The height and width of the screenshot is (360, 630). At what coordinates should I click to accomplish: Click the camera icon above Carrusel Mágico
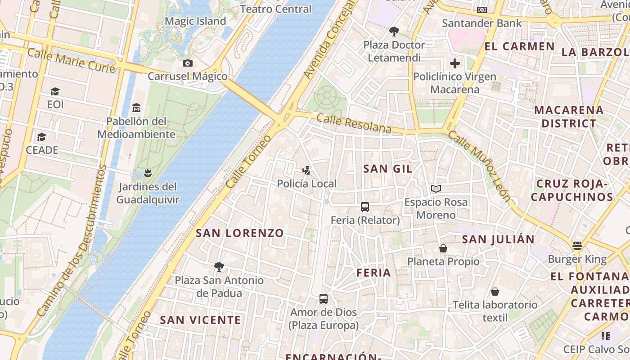click(x=188, y=63)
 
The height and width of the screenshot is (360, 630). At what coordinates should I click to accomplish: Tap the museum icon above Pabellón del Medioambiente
click(x=136, y=108)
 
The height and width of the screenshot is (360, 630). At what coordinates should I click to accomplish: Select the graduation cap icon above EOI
click(x=55, y=92)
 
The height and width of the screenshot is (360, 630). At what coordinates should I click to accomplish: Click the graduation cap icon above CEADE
click(x=42, y=137)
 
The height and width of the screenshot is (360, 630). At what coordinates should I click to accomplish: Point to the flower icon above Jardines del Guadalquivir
click(x=147, y=173)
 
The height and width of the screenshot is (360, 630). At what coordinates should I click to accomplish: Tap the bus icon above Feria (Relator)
click(x=365, y=207)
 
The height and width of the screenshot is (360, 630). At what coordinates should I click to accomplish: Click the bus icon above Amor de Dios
click(x=324, y=299)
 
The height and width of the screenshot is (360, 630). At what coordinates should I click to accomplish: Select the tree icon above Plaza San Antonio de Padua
click(x=219, y=267)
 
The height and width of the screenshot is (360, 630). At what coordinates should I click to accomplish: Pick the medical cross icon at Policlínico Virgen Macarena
click(x=455, y=63)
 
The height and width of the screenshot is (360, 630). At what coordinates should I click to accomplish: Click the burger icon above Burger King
click(x=577, y=246)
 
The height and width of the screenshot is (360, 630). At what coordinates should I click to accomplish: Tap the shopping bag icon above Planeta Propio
click(x=443, y=248)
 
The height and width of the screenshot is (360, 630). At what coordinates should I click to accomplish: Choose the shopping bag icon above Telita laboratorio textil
click(x=495, y=292)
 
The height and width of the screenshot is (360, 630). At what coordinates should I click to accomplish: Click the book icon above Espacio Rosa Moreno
click(x=436, y=189)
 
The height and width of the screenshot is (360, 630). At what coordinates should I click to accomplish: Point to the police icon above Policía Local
click(x=306, y=171)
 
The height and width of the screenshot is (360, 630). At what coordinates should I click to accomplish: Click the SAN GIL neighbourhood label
click(x=387, y=169)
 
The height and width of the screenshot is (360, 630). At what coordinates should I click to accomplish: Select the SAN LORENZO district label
click(x=240, y=233)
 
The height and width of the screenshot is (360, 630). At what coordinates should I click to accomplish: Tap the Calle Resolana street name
click(x=354, y=123)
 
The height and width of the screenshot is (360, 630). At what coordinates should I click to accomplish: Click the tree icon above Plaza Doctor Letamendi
click(x=394, y=31)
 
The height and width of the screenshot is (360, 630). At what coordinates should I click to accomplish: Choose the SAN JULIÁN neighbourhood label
click(x=498, y=239)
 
